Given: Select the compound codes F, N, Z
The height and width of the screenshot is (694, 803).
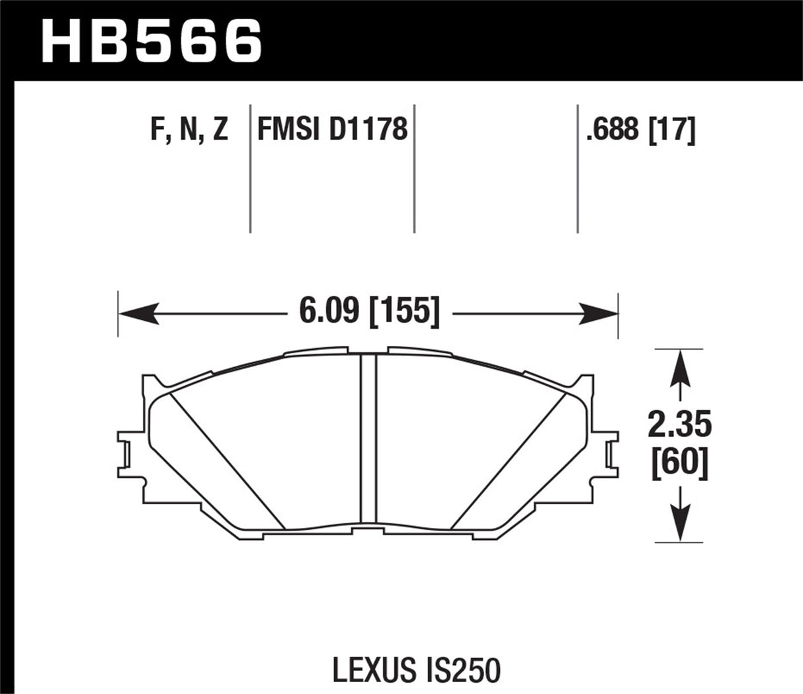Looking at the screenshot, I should coord(189,129).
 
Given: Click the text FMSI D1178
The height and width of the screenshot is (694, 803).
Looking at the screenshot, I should coord(332,129).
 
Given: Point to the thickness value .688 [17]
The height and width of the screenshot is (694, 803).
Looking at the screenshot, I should coord(640,129).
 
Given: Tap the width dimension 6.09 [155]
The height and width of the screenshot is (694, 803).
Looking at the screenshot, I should coord(368,310).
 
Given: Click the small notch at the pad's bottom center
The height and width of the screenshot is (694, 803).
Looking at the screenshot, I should coord(367,531).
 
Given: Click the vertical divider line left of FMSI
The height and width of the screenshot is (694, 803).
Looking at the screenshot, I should coord(250,169).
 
